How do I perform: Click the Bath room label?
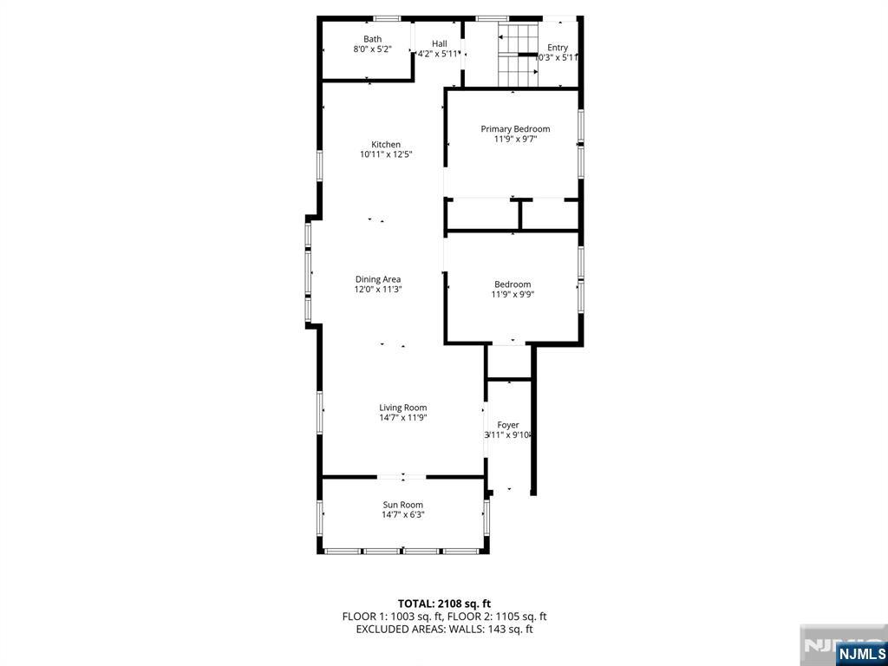pyautogui.click(x=372, y=39)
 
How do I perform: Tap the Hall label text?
pyautogui.click(x=440, y=43)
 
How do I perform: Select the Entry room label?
pyautogui.click(x=558, y=48)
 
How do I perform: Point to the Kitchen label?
pyautogui.click(x=386, y=144)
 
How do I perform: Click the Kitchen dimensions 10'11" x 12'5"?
pyautogui.click(x=386, y=155)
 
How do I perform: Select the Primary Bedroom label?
pyautogui.click(x=515, y=129)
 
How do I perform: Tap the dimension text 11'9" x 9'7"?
pyautogui.click(x=515, y=140)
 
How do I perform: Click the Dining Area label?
pyautogui.click(x=378, y=279)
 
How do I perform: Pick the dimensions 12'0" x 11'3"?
pyautogui.click(x=378, y=291)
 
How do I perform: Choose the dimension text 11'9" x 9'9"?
pyautogui.click(x=513, y=295)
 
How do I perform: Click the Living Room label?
pyautogui.click(x=403, y=408)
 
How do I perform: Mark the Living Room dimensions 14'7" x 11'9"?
pyautogui.click(x=403, y=418)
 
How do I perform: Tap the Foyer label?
pyautogui.click(x=508, y=425)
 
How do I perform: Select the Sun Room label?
pyautogui.click(x=403, y=505)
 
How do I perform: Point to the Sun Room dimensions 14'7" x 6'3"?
pyautogui.click(x=403, y=515)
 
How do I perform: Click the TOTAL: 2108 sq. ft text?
pyautogui.click(x=444, y=604)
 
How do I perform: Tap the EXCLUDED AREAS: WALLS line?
pyautogui.click(x=444, y=630)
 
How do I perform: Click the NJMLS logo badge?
pyautogui.click(x=861, y=653)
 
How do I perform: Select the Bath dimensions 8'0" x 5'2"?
pyautogui.click(x=373, y=50)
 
